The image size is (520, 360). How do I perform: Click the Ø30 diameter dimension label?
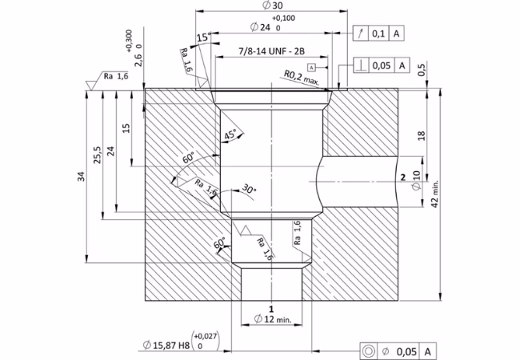click(272, 6)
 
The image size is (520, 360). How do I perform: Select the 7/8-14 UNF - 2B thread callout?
click(272, 51)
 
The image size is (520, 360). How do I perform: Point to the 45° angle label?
click(231, 134)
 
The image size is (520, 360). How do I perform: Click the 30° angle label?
click(249, 189)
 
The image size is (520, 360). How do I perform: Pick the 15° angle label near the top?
click(204, 38)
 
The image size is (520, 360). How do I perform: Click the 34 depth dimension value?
click(82, 176)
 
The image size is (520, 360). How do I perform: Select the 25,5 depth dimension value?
click(97, 155)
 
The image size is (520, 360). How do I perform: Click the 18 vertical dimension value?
click(421, 135)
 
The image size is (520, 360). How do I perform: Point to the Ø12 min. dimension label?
click(273, 319)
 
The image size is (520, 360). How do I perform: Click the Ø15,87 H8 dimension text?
click(166, 346)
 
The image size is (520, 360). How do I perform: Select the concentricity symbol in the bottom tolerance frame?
click(369, 350)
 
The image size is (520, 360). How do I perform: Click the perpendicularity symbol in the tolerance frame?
click(361, 66)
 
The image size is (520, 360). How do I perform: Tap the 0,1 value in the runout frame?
click(378, 34)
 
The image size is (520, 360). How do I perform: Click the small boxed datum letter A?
click(311, 68)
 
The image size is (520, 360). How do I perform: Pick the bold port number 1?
click(271, 309)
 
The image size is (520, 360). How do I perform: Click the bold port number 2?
click(403, 178)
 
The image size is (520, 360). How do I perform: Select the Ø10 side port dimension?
click(417, 180)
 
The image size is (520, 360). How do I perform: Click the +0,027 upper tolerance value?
click(206, 337)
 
